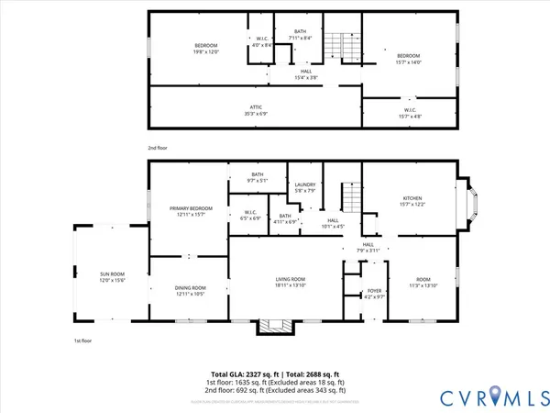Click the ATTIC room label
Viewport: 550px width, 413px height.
256,108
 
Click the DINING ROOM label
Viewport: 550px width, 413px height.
191,290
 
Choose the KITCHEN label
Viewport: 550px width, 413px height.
411,200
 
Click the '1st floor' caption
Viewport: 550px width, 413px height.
85,340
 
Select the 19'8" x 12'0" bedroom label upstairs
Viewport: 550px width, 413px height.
205,49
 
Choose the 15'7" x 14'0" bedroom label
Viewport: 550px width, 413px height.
408,58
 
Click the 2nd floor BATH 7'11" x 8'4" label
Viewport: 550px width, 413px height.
300,35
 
